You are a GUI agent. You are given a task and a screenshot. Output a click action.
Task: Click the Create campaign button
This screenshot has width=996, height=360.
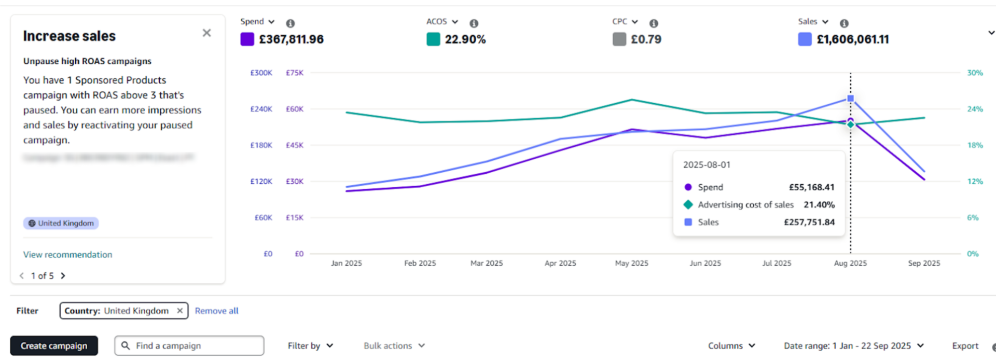tap(54, 346)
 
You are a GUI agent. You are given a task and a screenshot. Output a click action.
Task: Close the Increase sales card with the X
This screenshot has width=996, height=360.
tap(206, 33)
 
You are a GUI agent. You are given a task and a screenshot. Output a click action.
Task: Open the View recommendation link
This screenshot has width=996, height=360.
tap(67, 255)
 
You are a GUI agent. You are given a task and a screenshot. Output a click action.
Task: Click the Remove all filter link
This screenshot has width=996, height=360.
tap(216, 311)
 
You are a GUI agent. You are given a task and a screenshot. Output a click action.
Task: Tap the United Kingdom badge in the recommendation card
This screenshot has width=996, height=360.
tap(61, 223)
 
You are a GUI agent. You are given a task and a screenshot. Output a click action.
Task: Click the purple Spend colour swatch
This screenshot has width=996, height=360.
tap(247, 39)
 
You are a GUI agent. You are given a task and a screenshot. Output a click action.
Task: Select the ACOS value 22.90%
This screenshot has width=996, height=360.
tap(465, 39)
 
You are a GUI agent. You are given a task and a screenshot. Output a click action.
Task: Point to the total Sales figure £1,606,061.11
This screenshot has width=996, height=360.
tap(852, 39)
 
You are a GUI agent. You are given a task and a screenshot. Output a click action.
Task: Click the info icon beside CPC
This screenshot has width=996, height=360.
tap(654, 23)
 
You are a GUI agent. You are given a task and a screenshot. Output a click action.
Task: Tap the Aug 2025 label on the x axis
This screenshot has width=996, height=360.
tap(850, 264)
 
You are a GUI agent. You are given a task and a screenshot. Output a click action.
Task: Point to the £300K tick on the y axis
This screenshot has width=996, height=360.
tap(261, 73)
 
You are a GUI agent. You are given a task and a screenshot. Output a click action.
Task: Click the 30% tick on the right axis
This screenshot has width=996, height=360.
tap(975, 73)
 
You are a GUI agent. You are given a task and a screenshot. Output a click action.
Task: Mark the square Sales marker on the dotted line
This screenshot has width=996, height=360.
tap(850, 99)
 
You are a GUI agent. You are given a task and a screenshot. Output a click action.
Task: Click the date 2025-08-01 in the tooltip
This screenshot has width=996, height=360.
tap(707, 165)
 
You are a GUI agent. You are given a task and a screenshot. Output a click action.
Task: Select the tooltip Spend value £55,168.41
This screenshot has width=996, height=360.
tap(811, 187)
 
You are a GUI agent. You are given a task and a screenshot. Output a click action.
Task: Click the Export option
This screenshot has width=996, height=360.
tap(965, 346)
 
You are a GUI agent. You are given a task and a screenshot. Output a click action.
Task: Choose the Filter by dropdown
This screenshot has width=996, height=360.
tap(310, 346)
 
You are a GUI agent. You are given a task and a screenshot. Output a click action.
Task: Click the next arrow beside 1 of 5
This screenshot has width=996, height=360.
tap(63, 276)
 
